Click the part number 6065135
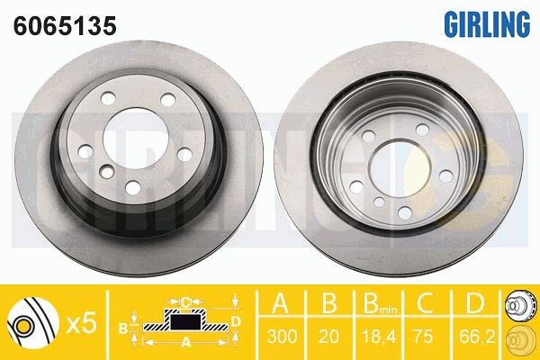65,25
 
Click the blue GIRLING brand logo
487,23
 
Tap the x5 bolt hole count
81,324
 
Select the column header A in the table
281,302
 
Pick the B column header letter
328,302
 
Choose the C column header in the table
425,302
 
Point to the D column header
474,302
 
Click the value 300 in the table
282,336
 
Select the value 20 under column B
328,336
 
